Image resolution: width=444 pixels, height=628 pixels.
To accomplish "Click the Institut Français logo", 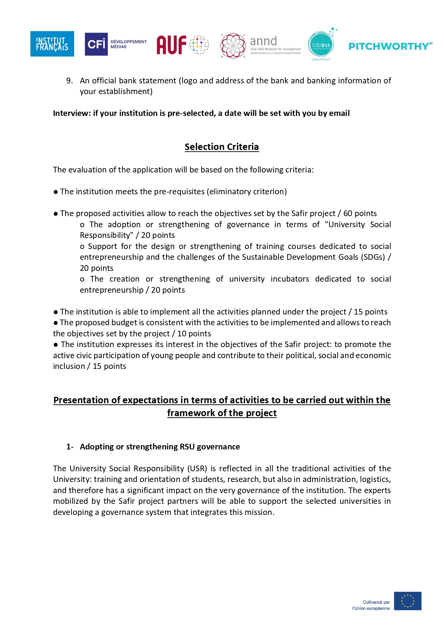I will pyautogui.click(x=52, y=44).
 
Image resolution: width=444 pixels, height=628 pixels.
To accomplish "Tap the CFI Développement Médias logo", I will pyautogui.click(x=115, y=44).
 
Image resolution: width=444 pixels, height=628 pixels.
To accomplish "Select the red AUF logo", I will pyautogui.click(x=182, y=45).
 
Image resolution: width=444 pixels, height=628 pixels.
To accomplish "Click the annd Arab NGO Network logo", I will pyautogui.click(x=261, y=45).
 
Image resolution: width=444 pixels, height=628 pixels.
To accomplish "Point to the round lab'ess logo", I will pyautogui.click(x=321, y=45).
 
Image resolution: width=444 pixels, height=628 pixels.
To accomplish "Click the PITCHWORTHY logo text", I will pyautogui.click(x=390, y=46).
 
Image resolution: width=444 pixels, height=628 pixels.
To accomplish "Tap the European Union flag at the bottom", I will pyautogui.click(x=407, y=601).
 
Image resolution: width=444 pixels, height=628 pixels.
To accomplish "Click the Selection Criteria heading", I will pyautogui.click(x=222, y=147).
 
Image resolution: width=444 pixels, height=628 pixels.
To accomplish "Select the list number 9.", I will pyautogui.click(x=69, y=81).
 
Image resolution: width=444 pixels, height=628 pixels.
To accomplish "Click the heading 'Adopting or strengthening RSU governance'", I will pyautogui.click(x=160, y=447).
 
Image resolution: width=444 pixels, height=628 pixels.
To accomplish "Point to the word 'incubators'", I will pyautogui.click(x=290, y=279).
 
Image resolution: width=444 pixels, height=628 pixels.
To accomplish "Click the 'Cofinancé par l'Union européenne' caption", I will pyautogui.click(x=371, y=605).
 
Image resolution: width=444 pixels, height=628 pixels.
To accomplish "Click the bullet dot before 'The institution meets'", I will pyautogui.click(x=56, y=192).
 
